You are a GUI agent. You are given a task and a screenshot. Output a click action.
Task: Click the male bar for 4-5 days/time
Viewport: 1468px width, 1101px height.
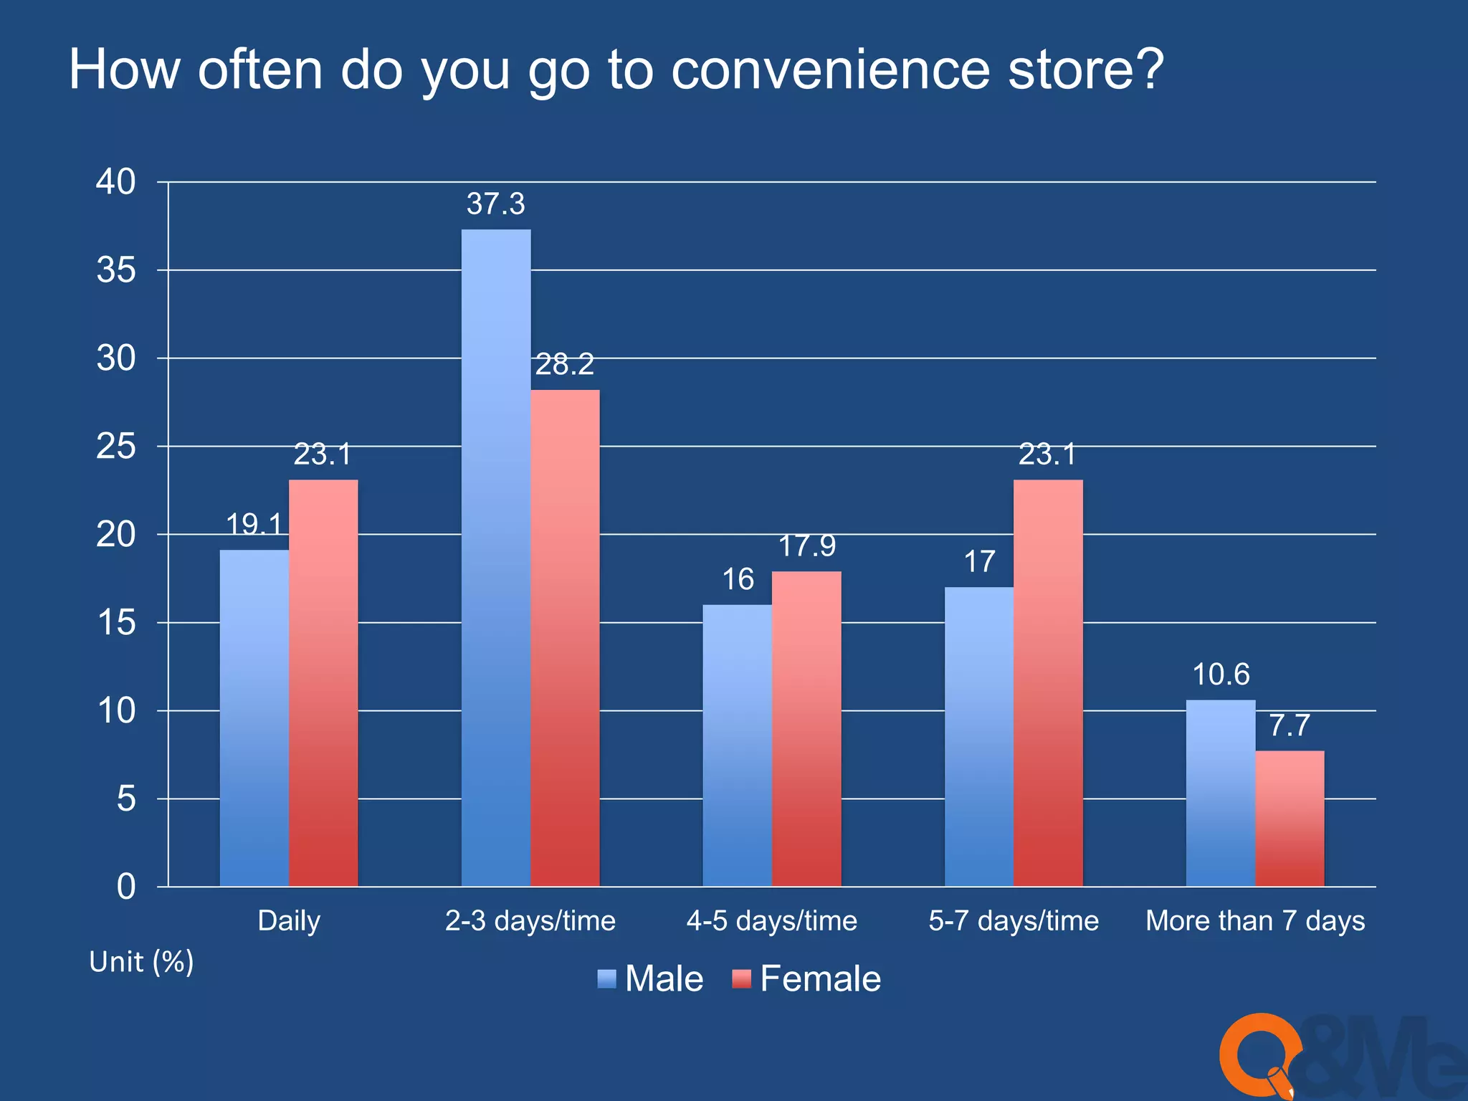(737, 745)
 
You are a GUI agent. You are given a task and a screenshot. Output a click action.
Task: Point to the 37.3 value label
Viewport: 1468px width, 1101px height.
(496, 204)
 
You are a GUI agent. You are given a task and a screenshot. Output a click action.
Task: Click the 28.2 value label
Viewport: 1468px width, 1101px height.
(565, 365)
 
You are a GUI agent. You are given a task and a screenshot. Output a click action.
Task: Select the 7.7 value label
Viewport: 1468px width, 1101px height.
(1290, 726)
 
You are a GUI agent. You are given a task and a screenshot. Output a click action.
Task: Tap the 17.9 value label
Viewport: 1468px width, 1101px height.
(807, 546)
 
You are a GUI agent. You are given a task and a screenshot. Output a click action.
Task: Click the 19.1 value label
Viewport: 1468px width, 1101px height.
(255, 525)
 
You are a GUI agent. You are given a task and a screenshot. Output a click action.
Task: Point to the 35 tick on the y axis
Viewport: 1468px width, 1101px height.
(116, 271)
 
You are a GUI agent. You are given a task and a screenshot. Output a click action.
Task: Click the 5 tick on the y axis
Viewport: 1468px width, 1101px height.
(126, 799)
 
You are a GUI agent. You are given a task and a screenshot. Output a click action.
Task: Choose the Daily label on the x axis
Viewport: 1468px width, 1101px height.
(289, 921)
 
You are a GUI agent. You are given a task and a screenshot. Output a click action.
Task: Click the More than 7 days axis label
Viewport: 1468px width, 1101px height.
(1255, 921)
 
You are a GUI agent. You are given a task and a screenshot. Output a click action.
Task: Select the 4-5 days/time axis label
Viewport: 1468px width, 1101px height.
(772, 921)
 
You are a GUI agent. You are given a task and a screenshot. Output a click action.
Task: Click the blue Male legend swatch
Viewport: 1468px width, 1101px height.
(606, 979)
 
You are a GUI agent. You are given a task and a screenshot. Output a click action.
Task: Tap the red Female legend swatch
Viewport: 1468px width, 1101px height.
(741, 979)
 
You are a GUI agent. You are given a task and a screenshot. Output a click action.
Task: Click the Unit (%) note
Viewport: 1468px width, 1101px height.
(141, 962)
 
